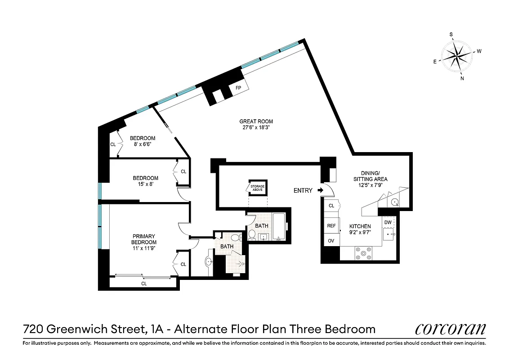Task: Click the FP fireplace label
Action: (x=238, y=88)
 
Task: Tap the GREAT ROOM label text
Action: (x=256, y=121)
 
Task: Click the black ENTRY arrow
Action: (x=320, y=190)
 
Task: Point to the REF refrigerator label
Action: (x=331, y=226)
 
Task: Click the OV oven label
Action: (x=331, y=241)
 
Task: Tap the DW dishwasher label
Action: (x=388, y=222)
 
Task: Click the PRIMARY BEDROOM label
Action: (x=144, y=239)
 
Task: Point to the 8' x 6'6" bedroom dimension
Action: (x=143, y=144)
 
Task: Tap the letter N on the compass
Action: (x=462, y=78)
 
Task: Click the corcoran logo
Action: (x=450, y=329)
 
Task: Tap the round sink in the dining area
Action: (x=394, y=202)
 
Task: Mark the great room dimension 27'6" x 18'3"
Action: (x=256, y=127)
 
